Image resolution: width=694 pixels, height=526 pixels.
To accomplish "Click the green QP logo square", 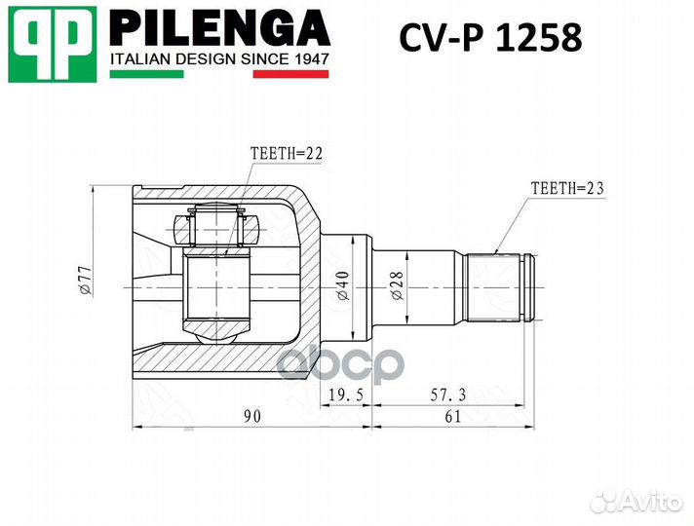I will (54, 44).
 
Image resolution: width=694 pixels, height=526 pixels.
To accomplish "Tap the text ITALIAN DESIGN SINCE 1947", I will (219, 60).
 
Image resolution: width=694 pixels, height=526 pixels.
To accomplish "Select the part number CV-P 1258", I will (490, 38).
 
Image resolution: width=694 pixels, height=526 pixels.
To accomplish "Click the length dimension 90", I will (251, 417).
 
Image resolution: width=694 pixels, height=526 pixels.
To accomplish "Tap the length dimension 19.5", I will (344, 395).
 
